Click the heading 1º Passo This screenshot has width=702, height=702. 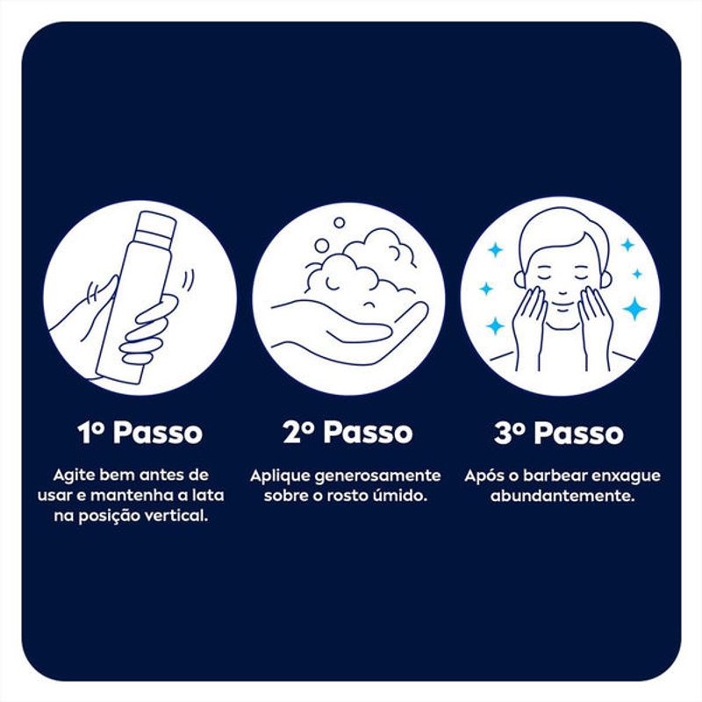tap(140, 433)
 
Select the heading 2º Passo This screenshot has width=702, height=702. tap(347, 433)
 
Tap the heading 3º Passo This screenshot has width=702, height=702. tap(559, 433)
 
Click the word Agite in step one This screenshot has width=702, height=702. tap(74, 476)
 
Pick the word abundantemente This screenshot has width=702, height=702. tap(562, 496)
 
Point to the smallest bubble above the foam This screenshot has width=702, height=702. tap(340, 223)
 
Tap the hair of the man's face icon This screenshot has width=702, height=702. tap(562, 233)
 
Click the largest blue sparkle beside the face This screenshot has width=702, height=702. tap(634, 309)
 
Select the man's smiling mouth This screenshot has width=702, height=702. tap(562, 305)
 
